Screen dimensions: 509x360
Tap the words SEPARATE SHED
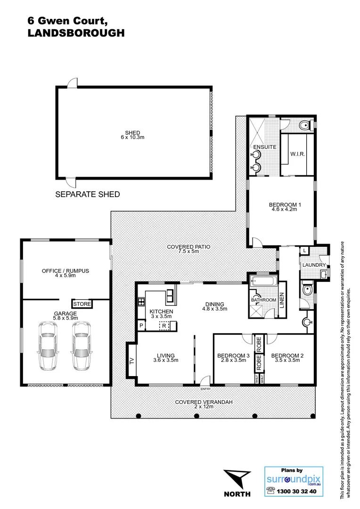[x=88, y=194]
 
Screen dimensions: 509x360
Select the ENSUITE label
[x=264, y=147]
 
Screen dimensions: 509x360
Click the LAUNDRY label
[x=313, y=265]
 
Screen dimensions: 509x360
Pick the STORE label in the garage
[x=82, y=304]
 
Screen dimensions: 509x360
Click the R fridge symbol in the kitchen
[x=164, y=326]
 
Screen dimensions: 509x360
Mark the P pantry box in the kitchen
[x=141, y=326]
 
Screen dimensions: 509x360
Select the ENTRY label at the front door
[x=205, y=389]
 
